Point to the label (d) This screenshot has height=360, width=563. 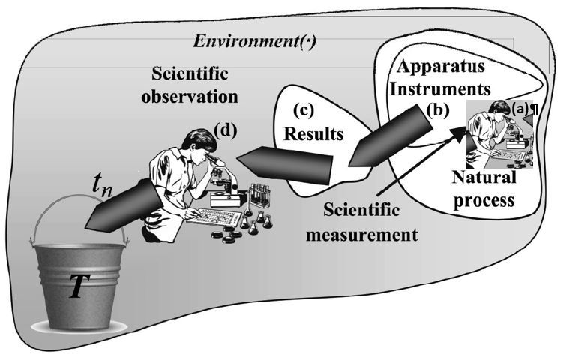[225, 129]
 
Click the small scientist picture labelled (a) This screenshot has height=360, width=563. [499, 135]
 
